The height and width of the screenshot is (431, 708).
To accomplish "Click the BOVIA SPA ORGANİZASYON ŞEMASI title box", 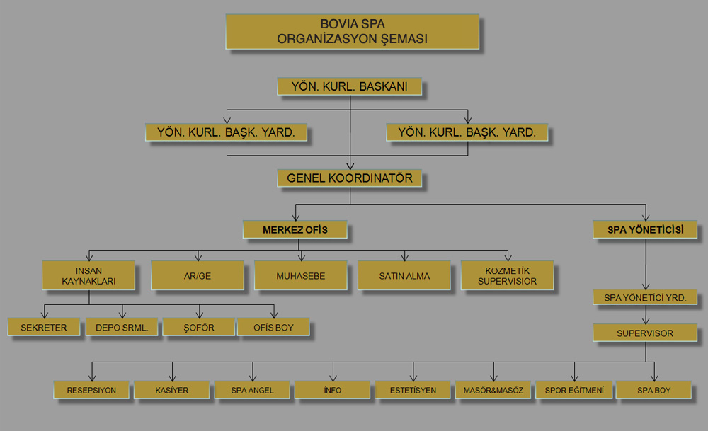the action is point(352,32).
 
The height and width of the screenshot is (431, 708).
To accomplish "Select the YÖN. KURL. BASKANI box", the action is point(350,86).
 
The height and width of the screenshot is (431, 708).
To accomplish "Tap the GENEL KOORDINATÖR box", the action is point(350,178).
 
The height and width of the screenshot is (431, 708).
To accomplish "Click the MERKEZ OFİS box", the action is point(295,229).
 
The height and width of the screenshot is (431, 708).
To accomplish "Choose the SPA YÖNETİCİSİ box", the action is point(645,229).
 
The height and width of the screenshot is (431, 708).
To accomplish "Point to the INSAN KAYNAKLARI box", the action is point(88,275).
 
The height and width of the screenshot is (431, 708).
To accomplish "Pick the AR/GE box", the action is point(198,275).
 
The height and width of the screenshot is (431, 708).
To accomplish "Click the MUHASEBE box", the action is point(301,275).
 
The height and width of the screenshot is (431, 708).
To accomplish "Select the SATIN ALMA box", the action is point(404,275).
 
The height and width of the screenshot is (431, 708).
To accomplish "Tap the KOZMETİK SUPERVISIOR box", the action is point(507,275).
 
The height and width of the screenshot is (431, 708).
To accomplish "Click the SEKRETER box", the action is point(44,327).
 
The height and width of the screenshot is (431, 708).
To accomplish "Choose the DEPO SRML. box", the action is point(122,327).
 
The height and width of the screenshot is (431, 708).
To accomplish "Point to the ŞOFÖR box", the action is point(199,327).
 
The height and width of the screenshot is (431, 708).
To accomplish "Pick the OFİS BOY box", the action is point(273,327).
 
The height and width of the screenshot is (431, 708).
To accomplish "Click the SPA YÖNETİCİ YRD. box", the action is point(645,297).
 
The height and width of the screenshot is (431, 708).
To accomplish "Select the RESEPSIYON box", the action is point(91,390).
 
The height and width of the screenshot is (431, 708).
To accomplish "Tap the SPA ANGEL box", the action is point(253,390).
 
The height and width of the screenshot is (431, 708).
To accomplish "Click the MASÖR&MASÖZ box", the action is point(493,390).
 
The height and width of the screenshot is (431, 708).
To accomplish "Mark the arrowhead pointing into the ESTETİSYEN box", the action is point(413,378).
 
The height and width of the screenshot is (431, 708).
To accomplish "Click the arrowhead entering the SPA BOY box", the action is point(654,378).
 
